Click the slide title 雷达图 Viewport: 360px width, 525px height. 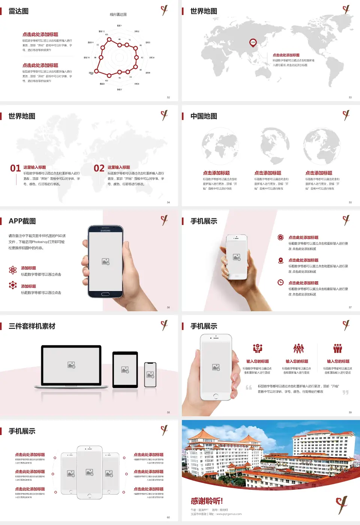[x=19, y=11]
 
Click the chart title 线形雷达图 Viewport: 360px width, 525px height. [x=118, y=15]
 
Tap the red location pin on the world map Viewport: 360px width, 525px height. [x=253, y=42]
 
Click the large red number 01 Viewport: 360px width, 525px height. [x=15, y=168]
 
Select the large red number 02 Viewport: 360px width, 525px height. [x=99, y=168]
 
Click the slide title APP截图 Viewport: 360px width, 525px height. [x=22, y=221]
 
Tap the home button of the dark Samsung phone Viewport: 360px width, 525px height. [x=105, y=294]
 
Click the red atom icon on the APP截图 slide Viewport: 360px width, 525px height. [x=13, y=270]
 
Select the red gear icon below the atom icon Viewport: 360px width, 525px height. [x=13, y=285]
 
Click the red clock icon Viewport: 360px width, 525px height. [x=280, y=282]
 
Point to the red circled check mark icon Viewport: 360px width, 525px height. [x=280, y=237]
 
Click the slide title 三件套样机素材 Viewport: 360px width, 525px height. [x=32, y=326]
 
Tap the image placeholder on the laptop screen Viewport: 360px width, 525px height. [x=71, y=365]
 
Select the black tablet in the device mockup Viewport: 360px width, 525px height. [x=125, y=370]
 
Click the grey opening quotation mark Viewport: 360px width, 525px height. [x=249, y=387]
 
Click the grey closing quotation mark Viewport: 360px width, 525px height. [x=345, y=392]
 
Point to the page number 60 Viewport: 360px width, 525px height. [x=168, y=517]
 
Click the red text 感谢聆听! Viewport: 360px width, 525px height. [x=207, y=501]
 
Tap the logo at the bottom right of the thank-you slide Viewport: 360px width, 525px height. [x=342, y=504]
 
